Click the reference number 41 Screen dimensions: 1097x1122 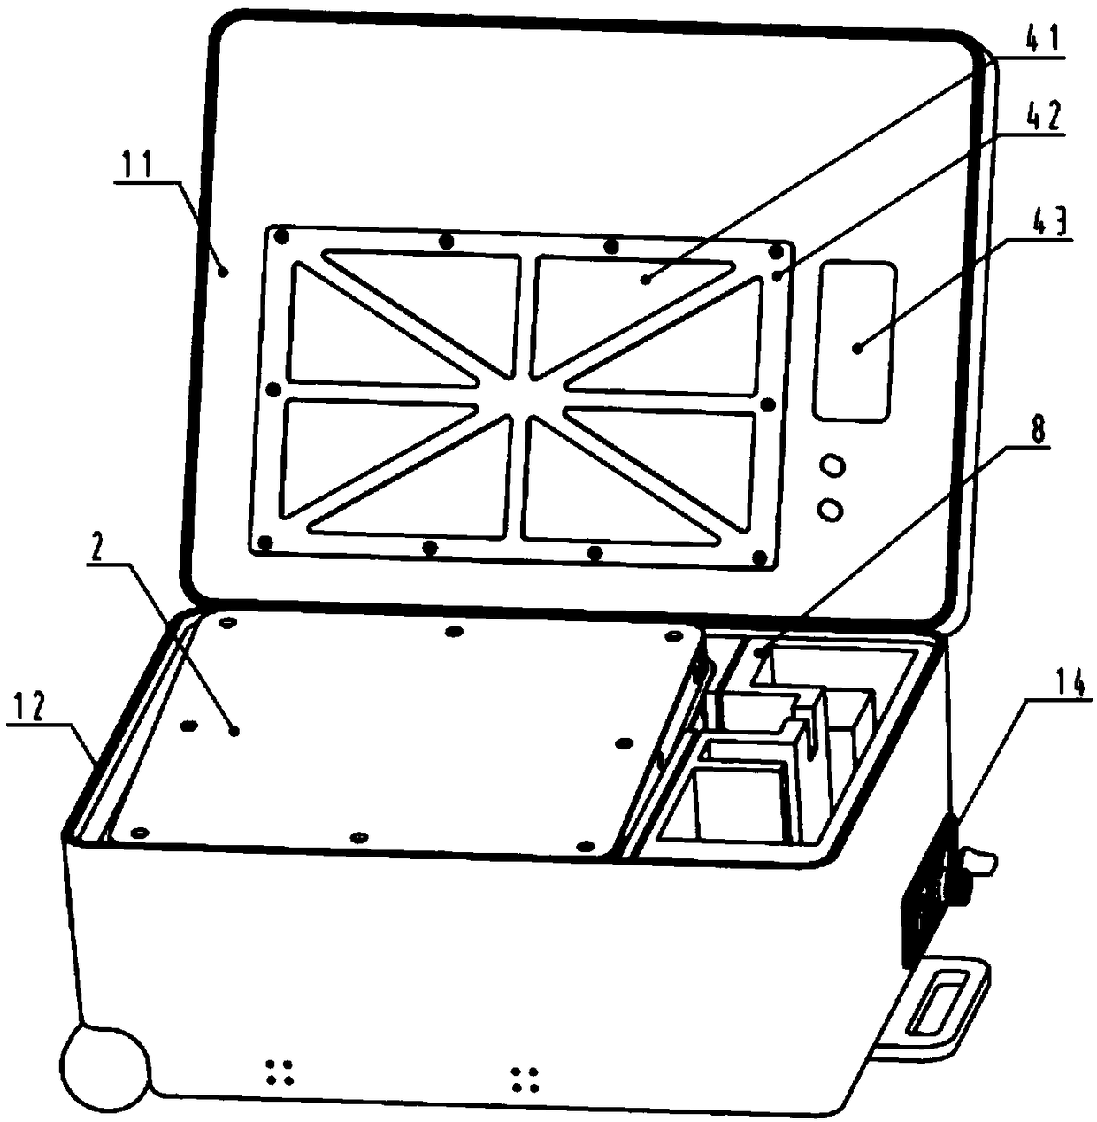[1045, 41]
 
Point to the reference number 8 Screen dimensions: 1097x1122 [1039, 431]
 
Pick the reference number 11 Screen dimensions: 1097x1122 [136, 165]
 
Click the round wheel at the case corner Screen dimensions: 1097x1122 [104, 1066]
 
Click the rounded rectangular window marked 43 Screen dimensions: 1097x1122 [855, 341]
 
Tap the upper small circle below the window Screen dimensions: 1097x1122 [832, 465]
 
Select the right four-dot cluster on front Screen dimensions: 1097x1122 [525, 1079]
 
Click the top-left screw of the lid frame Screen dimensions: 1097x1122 [281, 236]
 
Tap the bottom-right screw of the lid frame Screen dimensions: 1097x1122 [759, 557]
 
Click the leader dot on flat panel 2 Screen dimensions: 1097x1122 [234, 730]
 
